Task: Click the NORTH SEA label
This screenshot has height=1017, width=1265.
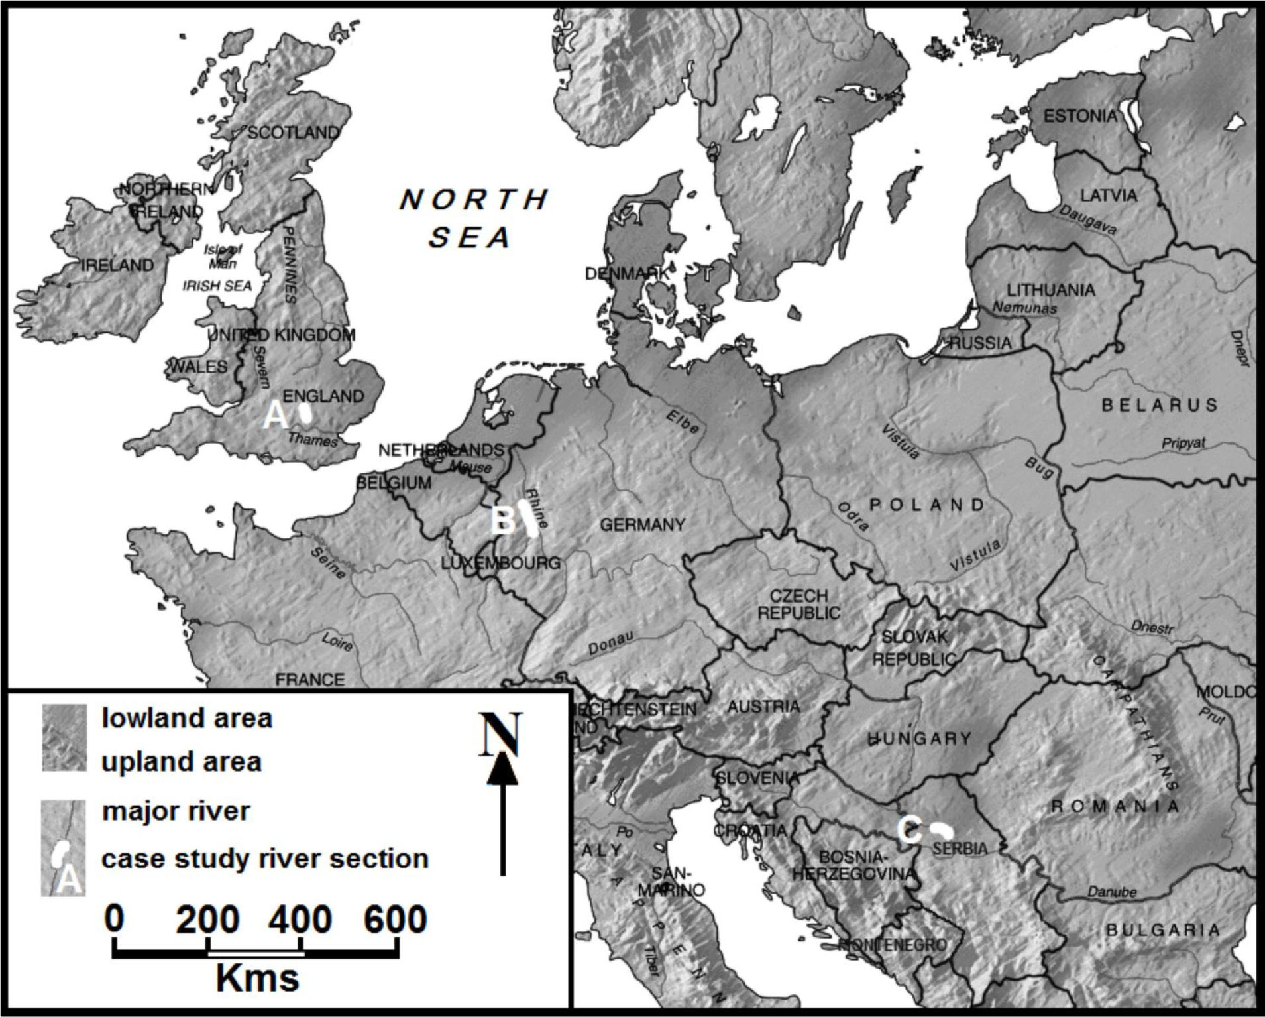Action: [473, 218]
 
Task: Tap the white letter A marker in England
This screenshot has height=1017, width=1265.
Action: [276, 416]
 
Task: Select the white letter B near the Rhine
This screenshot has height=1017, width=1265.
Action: [504, 520]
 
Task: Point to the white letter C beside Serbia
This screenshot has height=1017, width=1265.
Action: [910, 831]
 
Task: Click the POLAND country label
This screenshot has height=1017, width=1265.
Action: [927, 505]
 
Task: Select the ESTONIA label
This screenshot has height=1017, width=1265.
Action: [1080, 117]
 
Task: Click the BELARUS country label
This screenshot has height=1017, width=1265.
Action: [1160, 405]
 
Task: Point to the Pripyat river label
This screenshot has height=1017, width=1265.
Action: [1183, 444]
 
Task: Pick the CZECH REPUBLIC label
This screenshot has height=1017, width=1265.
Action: [798, 604]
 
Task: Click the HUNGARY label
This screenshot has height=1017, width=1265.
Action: [919, 738]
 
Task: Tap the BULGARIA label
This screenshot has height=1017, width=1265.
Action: [1162, 930]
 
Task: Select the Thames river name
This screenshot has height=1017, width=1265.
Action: [312, 439]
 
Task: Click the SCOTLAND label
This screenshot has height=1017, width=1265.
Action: [292, 133]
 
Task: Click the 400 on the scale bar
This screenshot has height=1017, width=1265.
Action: [300, 920]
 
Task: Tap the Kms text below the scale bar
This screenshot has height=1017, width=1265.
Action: [257, 978]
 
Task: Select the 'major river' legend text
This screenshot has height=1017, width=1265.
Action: [176, 811]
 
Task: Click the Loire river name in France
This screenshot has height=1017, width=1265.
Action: [338, 642]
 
